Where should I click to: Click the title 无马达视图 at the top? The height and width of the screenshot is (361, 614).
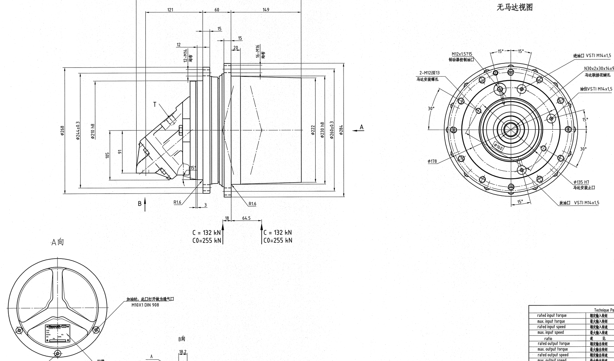[x=515, y=8]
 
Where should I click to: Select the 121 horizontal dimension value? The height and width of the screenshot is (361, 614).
[x=171, y=10]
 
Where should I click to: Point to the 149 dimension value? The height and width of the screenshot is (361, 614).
[x=266, y=10]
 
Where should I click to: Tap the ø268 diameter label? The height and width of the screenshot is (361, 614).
[x=63, y=130]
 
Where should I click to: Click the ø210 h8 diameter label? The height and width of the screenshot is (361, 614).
[x=93, y=131]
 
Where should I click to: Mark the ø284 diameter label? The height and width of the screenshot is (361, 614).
[x=341, y=130]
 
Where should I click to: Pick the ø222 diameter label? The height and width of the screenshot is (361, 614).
[x=313, y=130]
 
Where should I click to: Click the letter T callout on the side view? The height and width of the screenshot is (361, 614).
[x=155, y=105]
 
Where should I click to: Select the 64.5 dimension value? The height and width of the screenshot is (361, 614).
[x=246, y=218]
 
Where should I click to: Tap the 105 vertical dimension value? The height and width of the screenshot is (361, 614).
[x=107, y=155]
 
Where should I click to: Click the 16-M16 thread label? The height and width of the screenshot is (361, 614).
[x=258, y=51]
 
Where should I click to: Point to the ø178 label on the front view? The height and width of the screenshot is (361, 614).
[x=432, y=162]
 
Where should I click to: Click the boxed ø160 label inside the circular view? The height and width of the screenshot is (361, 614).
[x=498, y=147]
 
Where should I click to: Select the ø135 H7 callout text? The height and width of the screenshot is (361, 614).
[x=581, y=182]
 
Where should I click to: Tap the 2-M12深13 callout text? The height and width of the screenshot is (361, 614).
[x=429, y=73]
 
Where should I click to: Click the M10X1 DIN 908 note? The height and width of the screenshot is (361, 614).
[x=145, y=305]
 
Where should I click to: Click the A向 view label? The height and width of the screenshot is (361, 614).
[x=58, y=242]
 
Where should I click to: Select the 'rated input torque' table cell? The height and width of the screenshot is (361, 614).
[x=552, y=316]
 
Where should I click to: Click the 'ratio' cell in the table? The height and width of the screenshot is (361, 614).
[x=548, y=338]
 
